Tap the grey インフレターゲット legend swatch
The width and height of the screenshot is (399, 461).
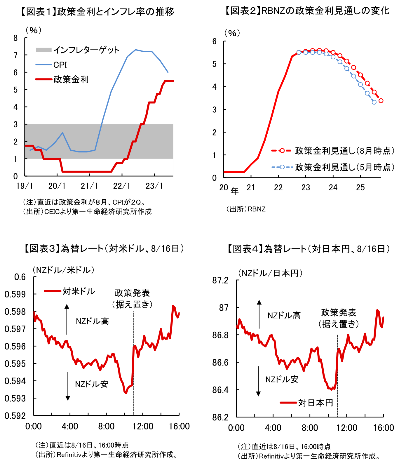[43, 50]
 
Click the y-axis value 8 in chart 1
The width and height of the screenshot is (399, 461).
[15, 38]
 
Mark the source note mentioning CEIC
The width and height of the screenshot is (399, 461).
[87, 211]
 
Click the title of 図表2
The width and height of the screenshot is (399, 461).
[307, 11]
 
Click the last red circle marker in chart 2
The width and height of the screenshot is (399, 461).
[381, 101]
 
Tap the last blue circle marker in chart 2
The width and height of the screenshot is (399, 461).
[374, 102]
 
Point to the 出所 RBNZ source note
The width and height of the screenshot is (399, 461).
[246, 209]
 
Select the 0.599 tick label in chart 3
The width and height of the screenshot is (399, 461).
[15, 294]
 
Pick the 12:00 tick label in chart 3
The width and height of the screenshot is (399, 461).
[143, 427]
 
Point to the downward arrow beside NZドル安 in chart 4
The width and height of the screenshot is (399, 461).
[258, 381]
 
